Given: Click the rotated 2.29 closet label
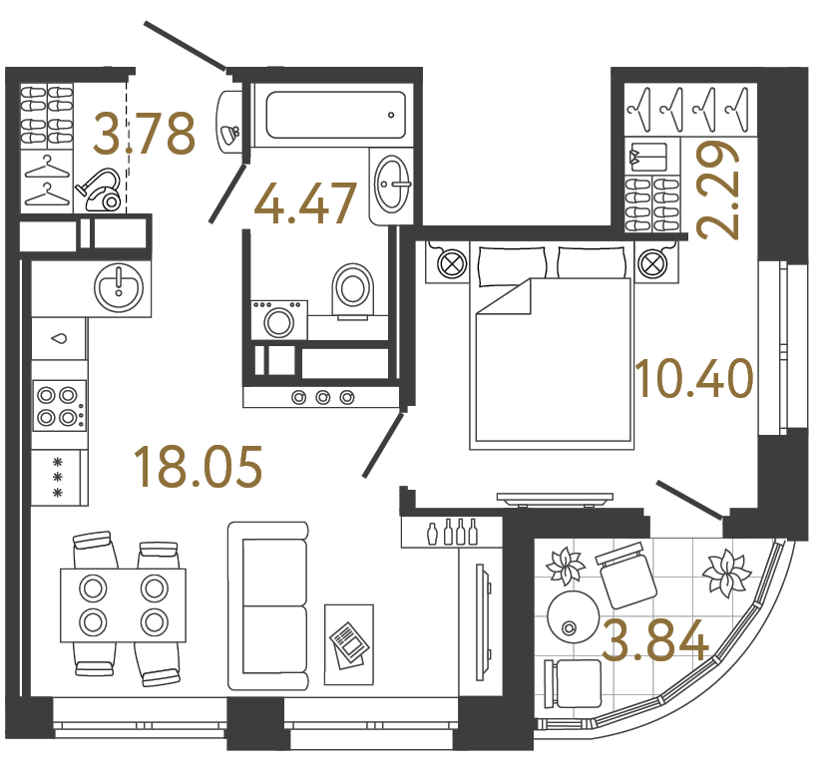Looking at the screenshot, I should [719, 190].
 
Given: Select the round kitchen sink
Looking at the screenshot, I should [119, 286].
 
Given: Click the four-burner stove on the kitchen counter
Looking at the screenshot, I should [58, 406].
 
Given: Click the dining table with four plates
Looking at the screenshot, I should [123, 605].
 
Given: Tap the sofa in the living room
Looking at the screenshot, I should [267, 604].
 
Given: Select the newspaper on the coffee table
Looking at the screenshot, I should [348, 644].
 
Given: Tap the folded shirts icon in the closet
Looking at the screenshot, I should [649, 158].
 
